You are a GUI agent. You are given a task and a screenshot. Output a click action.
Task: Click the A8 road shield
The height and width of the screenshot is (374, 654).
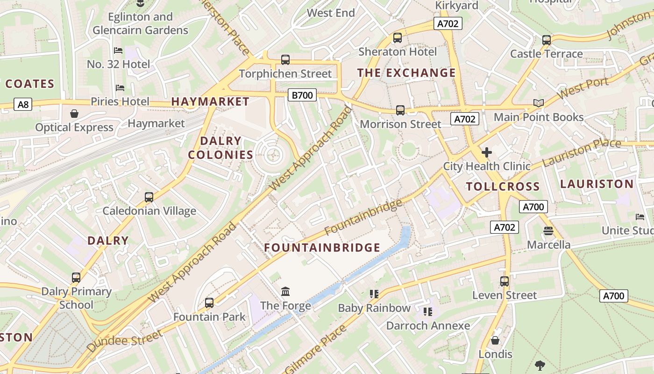[x=23, y=104]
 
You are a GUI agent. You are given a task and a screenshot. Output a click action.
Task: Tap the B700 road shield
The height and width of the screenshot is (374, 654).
[x=302, y=95]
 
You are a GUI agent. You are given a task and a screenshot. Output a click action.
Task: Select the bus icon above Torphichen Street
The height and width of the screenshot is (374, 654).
[x=285, y=60]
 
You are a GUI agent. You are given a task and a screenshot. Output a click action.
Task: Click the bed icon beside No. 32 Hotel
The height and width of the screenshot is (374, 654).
[x=118, y=50]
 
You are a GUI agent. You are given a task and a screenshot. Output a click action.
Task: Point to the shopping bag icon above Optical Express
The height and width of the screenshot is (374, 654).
[x=74, y=114]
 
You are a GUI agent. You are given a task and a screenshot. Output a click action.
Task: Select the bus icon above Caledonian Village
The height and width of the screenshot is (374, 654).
[x=149, y=197]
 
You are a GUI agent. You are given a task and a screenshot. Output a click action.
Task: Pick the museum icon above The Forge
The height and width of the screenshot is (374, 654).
[x=285, y=292]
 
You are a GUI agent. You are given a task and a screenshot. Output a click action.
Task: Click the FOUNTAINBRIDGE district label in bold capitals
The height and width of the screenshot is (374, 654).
[x=322, y=248]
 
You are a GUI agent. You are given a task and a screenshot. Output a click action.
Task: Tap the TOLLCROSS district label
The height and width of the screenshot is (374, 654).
[x=503, y=187]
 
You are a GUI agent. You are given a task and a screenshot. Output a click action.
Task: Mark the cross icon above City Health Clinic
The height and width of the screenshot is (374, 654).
[x=487, y=152]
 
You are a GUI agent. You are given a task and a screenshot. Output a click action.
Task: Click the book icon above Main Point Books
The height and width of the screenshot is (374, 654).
[x=539, y=103]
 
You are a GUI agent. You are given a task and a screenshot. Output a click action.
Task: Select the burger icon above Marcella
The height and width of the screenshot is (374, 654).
[x=548, y=231]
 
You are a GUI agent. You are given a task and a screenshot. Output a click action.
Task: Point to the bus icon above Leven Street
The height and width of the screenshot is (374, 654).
[x=505, y=281]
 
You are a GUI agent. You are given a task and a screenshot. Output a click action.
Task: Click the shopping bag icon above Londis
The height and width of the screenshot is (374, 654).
[x=495, y=340]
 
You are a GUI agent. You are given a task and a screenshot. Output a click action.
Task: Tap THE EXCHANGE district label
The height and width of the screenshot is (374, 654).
[x=406, y=73]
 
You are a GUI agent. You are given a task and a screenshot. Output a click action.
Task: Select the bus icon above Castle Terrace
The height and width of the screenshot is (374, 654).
[x=546, y=40]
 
